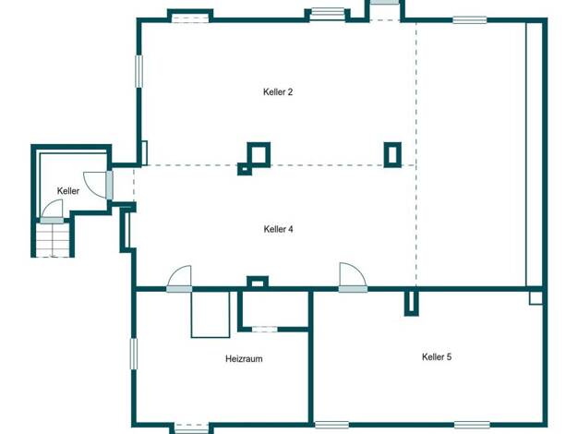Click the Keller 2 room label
click(278, 91)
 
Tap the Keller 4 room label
click(278, 229)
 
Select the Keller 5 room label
click(437, 356)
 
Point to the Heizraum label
click(244, 358)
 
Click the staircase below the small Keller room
click(53, 240)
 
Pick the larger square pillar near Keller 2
click(259, 154)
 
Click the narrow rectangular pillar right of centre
click(392, 155)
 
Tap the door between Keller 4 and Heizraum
click(179, 279)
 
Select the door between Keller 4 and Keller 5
click(353, 277)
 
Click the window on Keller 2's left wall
click(139, 71)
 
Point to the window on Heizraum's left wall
click(134, 354)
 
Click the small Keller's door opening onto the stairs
click(52, 211)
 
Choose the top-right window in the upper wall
click(469, 20)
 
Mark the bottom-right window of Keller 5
click(472, 425)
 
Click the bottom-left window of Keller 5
click(331, 425)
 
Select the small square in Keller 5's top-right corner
click(536, 298)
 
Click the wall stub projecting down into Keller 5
click(412, 303)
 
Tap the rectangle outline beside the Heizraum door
click(211, 315)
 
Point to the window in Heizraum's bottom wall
click(191, 428)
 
